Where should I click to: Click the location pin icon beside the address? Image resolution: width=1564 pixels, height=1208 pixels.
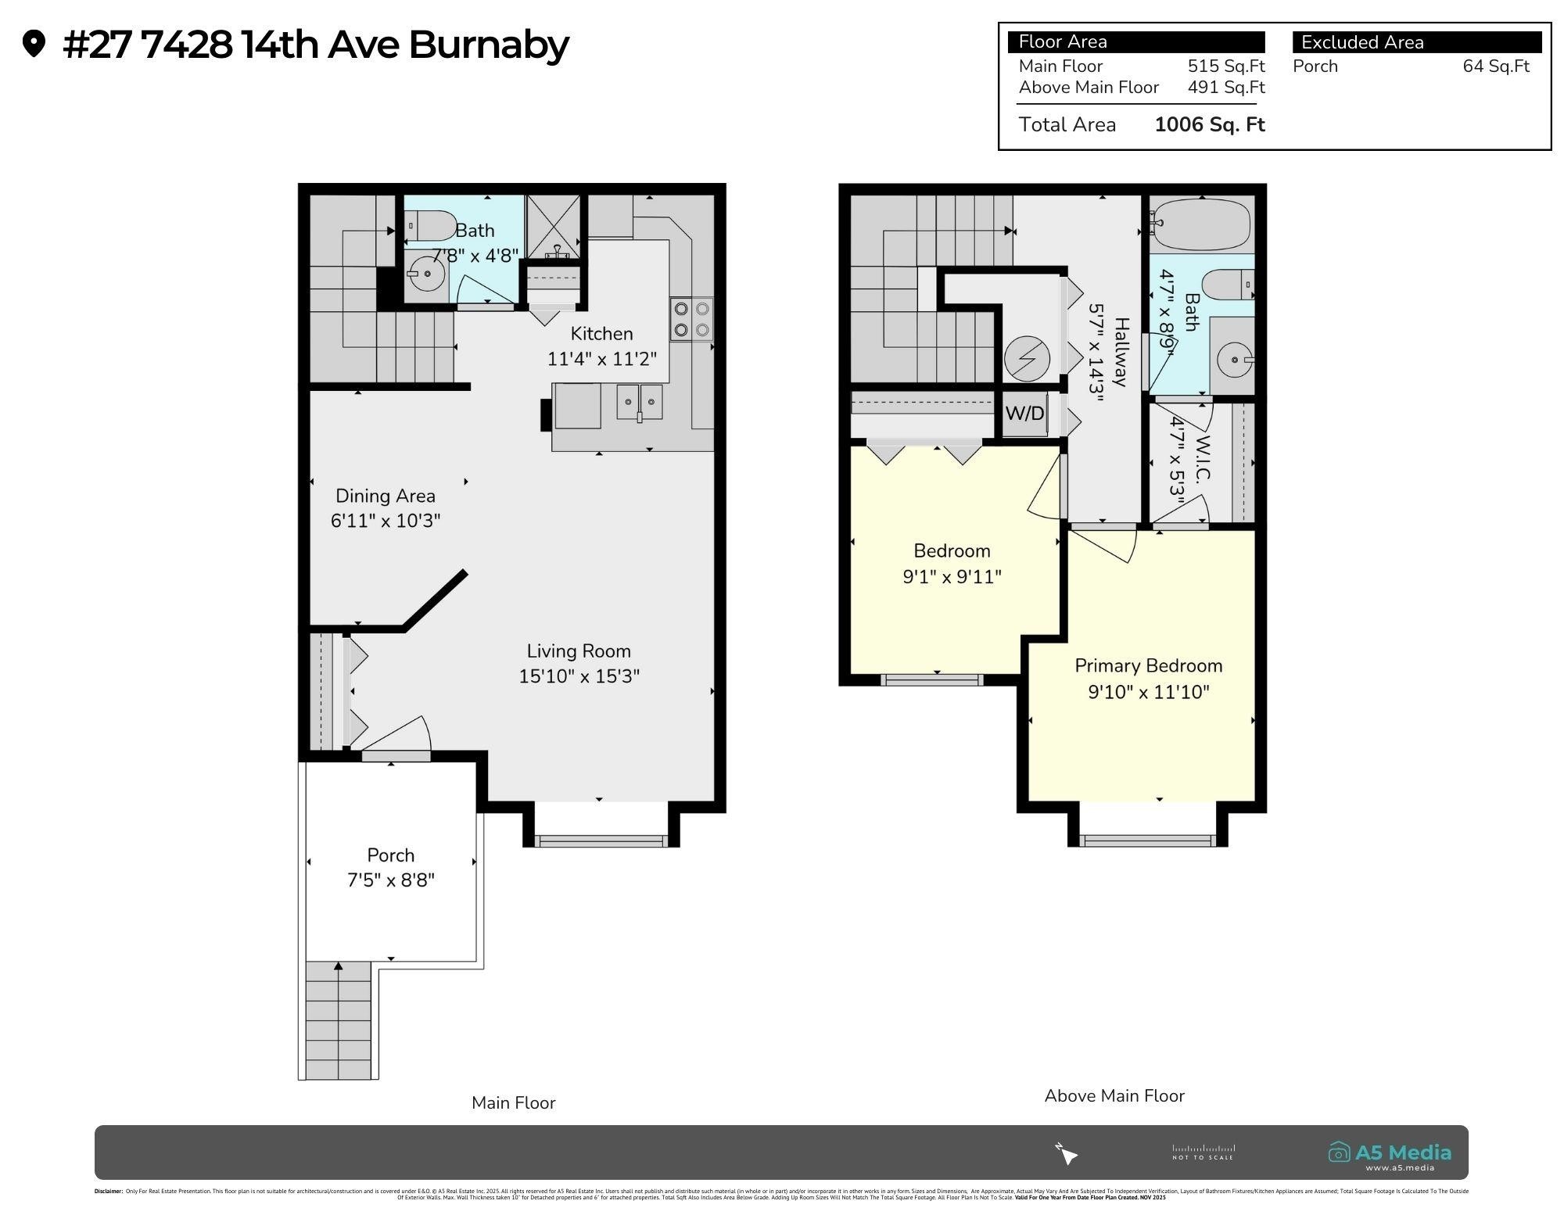[34, 44]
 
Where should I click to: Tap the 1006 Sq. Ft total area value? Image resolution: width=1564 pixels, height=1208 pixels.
[1209, 125]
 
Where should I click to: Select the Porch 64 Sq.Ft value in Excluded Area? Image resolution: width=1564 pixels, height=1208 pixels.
[1495, 66]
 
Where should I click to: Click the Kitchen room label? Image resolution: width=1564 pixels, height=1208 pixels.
[601, 334]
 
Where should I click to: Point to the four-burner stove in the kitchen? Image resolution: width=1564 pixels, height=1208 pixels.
[691, 319]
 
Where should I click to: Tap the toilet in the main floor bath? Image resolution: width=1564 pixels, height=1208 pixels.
[431, 226]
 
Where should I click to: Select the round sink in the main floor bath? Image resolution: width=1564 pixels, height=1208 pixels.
[427, 274]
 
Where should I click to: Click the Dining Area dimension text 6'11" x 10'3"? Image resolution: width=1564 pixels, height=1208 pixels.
[386, 521]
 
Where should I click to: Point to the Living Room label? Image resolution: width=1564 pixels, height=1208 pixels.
[579, 651]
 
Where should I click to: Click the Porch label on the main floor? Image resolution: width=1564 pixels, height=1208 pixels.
[391, 855]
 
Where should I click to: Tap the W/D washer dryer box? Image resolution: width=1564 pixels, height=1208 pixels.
[1024, 413]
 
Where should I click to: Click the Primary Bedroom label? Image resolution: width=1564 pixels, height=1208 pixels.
[1148, 666]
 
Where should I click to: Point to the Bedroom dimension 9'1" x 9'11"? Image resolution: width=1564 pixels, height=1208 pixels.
[952, 577]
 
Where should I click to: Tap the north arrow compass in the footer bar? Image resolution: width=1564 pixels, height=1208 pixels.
[1067, 1153]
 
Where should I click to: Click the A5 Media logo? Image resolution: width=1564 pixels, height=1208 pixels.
[1390, 1153]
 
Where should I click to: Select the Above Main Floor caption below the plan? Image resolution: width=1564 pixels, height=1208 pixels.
[1114, 1096]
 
